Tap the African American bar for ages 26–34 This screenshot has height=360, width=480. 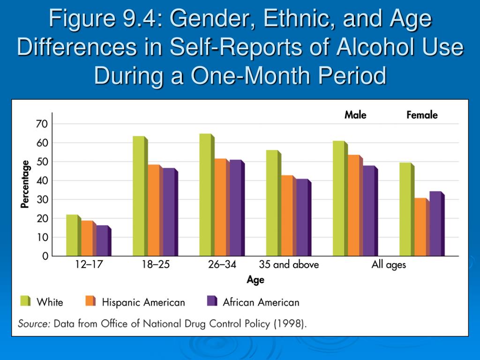click(236, 208)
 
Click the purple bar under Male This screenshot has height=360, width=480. click(369, 211)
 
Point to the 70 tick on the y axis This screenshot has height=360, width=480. click(42, 124)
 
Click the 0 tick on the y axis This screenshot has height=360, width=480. click(45, 256)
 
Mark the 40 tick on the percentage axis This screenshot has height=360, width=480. click(42, 180)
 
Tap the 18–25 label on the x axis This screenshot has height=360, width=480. click(156, 265)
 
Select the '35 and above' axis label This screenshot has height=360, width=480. click(289, 265)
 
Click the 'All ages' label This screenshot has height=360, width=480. click(389, 265)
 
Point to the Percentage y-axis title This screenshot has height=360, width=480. click(25, 184)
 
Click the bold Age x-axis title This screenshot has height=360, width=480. click(255, 280)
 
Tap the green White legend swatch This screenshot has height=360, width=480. click(25, 301)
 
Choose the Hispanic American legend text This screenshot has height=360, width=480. click(143, 302)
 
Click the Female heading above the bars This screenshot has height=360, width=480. click(422, 115)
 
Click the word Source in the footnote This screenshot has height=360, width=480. click(34, 323)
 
